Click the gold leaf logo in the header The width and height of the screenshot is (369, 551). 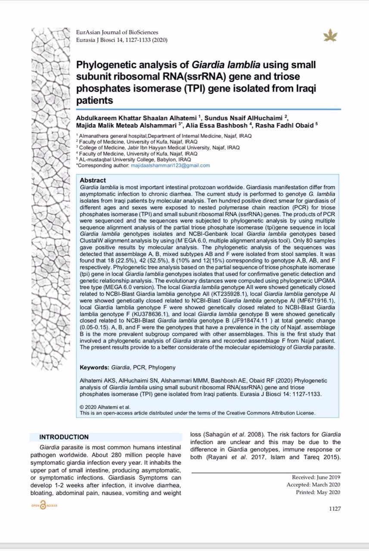pyautogui.click(x=331, y=35)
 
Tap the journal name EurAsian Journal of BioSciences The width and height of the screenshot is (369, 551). pyautogui.click(x=117, y=33)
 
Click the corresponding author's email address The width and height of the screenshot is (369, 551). pyautogui.click(x=171, y=165)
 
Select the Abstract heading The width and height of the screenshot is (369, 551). pyautogui.click(x=93, y=180)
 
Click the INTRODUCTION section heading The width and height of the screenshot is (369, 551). pyautogui.click(x=64, y=437)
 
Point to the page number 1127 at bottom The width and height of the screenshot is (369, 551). pyautogui.click(x=335, y=508)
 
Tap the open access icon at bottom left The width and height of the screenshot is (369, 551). pyautogui.click(x=43, y=507)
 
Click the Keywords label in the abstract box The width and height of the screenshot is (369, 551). pyautogui.click(x=94, y=368)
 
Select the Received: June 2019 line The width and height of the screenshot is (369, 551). pyautogui.click(x=316, y=477)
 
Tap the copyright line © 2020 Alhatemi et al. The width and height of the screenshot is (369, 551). pyautogui.click(x=105, y=407)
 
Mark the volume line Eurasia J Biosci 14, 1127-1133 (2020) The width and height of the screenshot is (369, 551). pyautogui.click(x=121, y=40)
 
